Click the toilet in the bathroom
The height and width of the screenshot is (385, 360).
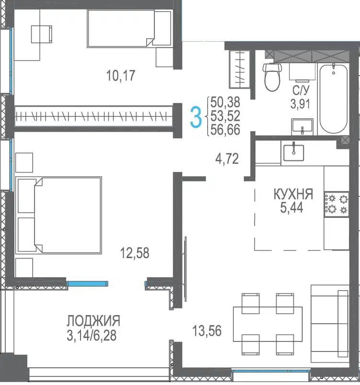[272, 77]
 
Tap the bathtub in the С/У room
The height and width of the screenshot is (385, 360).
[334, 98]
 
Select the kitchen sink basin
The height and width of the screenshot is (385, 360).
[294, 152]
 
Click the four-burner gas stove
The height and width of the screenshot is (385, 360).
[337, 204]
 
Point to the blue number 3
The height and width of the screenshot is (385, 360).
[196, 118]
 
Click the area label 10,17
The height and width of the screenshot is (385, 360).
[121, 75]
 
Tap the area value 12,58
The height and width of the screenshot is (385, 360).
[135, 253]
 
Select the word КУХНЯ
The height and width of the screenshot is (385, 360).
[293, 194]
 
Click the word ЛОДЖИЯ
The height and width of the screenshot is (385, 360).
[93, 321]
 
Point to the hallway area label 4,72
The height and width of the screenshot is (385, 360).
[227, 159]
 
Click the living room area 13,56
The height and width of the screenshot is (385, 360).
[207, 330]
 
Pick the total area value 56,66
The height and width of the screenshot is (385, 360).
[225, 130]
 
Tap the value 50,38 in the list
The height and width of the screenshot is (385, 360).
[225, 102]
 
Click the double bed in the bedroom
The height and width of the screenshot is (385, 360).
[58, 215]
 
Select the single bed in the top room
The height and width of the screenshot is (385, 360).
[129, 28]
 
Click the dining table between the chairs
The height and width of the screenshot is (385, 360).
[267, 324]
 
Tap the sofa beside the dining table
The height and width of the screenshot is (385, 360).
[330, 324]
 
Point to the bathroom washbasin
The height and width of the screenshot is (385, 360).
[302, 127]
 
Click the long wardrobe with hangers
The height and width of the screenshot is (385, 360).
[94, 116]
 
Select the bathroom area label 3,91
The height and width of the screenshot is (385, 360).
[300, 104]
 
